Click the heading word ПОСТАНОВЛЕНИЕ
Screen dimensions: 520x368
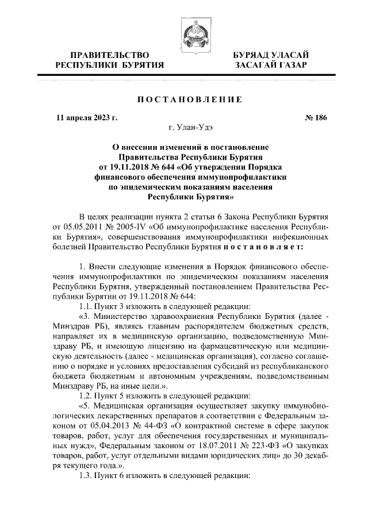(x=183, y=99)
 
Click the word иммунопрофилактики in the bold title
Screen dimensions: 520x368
(x=245, y=177)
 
